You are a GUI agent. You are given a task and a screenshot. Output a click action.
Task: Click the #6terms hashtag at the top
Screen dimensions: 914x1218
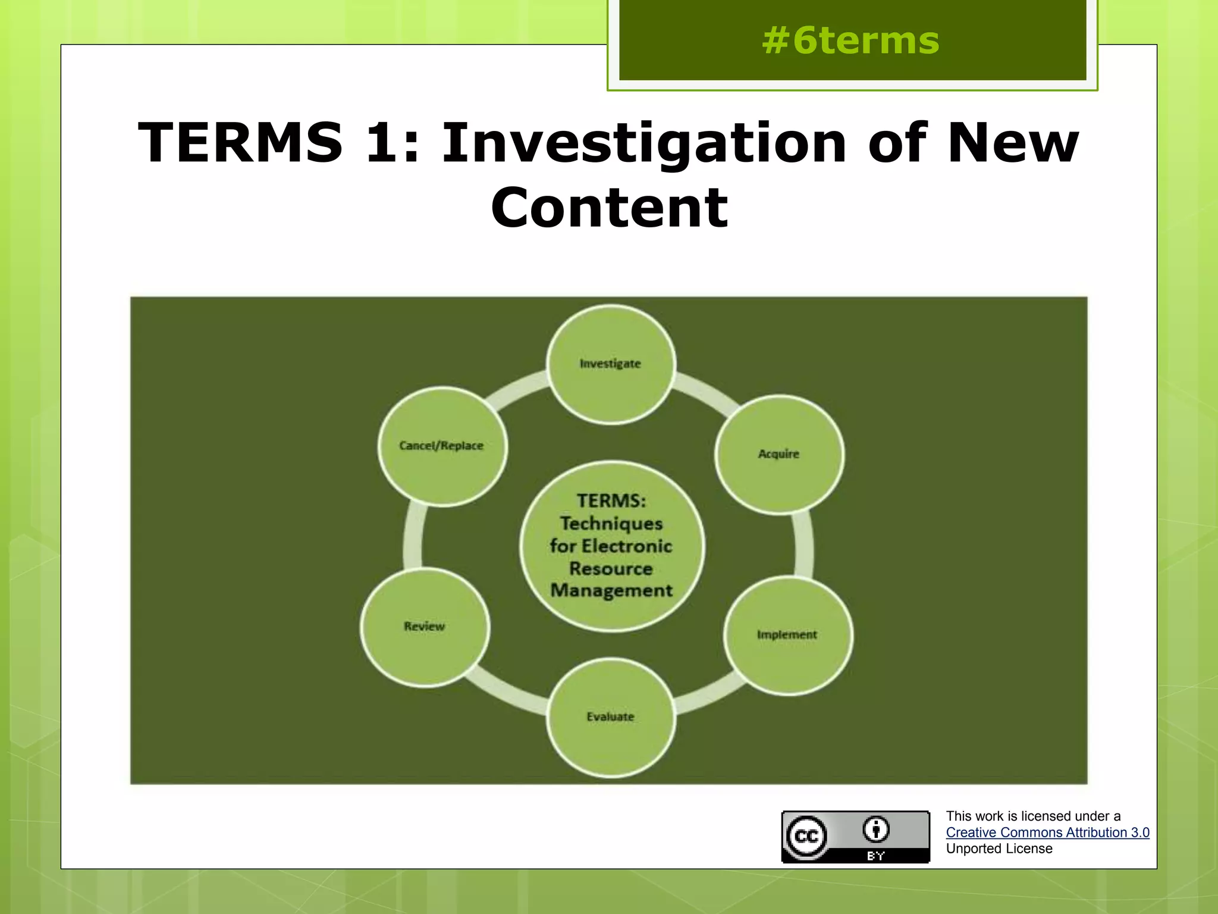pos(850,41)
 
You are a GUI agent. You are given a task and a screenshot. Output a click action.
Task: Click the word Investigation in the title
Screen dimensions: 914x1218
pos(643,143)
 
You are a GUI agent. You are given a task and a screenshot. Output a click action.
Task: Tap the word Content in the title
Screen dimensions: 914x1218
pos(609,207)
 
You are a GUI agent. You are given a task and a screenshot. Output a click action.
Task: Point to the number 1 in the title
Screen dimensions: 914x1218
pos(381,143)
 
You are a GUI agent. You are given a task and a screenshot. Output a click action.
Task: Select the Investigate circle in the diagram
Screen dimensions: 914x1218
pos(611,364)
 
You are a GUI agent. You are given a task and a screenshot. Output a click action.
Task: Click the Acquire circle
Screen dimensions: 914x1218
pos(778,454)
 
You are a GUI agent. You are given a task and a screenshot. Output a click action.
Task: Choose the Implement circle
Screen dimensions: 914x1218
pos(787,635)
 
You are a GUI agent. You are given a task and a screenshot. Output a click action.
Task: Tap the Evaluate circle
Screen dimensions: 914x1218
pos(611,717)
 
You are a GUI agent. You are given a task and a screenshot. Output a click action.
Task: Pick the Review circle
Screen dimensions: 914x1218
pos(425,627)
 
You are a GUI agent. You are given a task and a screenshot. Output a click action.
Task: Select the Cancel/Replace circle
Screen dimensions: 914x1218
pos(442,446)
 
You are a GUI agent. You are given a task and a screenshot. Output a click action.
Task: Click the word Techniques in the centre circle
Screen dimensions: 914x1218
pos(611,524)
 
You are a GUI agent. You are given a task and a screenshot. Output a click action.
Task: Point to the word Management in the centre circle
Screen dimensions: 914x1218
pos(611,590)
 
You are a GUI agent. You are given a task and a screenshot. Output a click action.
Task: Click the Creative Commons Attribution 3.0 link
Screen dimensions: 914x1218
pos(1047,832)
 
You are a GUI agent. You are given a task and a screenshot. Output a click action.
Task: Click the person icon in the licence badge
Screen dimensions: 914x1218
pos(876,830)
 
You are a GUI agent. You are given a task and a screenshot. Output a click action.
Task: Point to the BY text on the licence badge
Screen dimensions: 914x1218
pos(876,856)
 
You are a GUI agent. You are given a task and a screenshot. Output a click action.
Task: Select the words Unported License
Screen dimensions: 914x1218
pos(999,849)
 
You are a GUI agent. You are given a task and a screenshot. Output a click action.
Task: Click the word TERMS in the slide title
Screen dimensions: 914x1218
pos(240,143)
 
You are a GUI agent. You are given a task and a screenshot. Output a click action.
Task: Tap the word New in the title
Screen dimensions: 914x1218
pos(1012,143)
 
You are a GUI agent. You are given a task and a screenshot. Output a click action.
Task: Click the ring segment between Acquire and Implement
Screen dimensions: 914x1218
pos(803,544)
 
